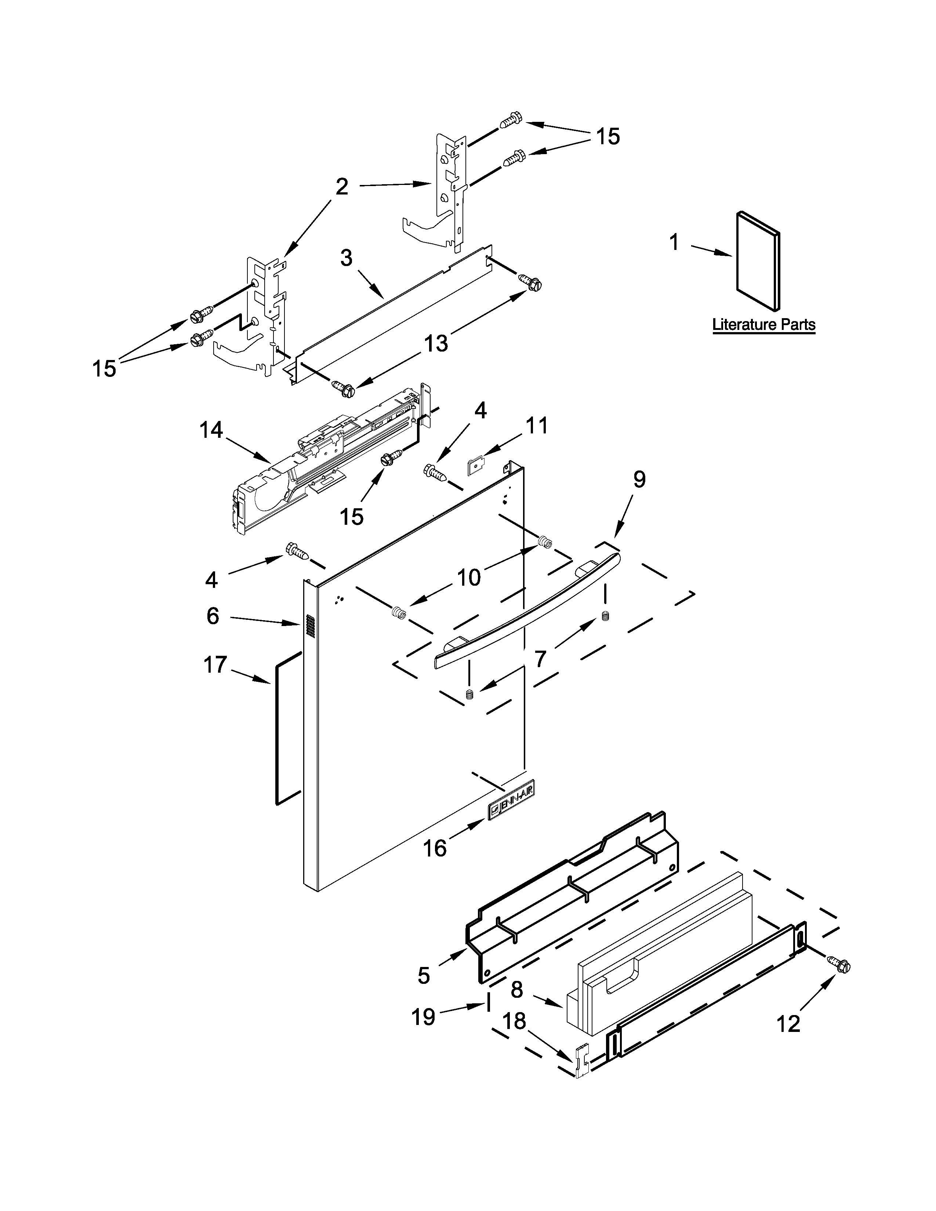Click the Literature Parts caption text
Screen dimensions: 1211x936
(763, 324)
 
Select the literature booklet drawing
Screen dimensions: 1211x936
(758, 260)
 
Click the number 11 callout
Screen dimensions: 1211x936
(537, 426)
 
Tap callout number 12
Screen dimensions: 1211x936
(788, 1023)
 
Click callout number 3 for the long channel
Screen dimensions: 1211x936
(346, 258)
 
